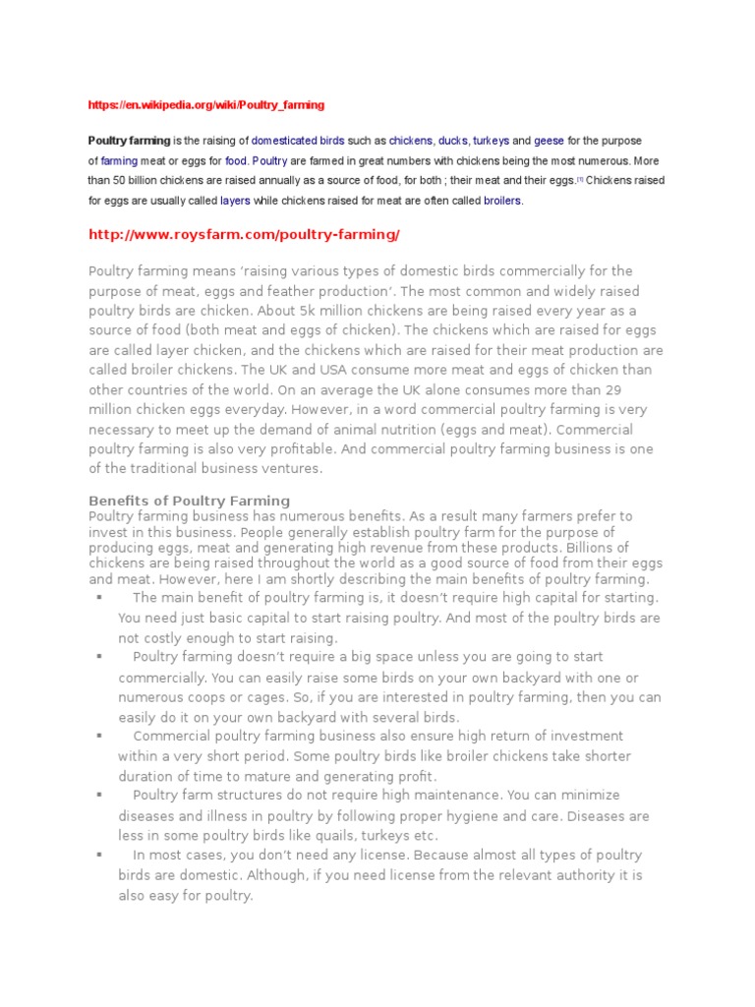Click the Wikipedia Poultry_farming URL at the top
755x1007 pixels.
click(x=206, y=104)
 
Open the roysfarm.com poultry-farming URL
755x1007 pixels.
click(x=244, y=235)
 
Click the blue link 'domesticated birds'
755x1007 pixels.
click(x=298, y=141)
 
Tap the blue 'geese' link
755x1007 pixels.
click(x=550, y=141)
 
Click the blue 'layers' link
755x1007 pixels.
click(x=235, y=201)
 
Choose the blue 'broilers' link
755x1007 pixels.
click(x=502, y=201)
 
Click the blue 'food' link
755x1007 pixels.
click(x=236, y=160)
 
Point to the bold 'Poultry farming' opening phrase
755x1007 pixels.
click(x=129, y=141)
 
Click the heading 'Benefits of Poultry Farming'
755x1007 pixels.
click(x=190, y=501)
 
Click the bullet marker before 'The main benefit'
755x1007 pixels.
click(x=99, y=597)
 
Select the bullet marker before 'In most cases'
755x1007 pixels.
click(x=99, y=855)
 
